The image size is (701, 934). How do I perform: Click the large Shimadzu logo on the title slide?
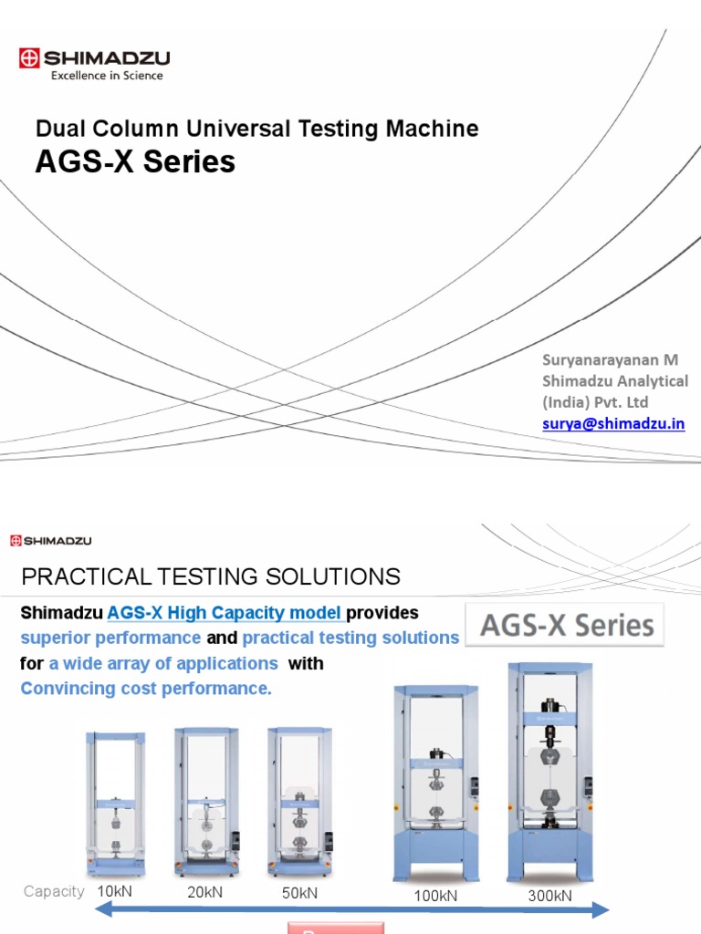[94, 58]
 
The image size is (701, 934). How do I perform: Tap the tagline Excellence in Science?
[107, 77]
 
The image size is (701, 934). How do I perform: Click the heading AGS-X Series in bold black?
[135, 162]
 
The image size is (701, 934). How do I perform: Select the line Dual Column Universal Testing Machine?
[256, 129]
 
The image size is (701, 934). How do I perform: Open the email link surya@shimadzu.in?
[613, 425]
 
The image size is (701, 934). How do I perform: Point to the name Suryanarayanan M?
[611, 360]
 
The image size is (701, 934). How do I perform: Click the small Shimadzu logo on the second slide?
[51, 541]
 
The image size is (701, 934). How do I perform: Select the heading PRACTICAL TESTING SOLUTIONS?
[210, 576]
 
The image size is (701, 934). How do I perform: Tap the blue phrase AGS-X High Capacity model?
[225, 613]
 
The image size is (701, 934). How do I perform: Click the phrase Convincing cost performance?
[146, 689]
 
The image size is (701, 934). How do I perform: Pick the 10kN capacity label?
[115, 891]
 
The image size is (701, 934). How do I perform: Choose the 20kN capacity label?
[205, 892]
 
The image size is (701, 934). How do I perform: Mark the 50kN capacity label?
[299, 893]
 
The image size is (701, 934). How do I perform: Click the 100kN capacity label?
[435, 896]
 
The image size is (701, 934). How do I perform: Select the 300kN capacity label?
[550, 896]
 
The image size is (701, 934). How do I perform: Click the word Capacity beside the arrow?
[54, 892]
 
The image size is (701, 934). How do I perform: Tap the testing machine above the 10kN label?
[116, 803]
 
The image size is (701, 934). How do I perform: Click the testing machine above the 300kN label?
[550, 771]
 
